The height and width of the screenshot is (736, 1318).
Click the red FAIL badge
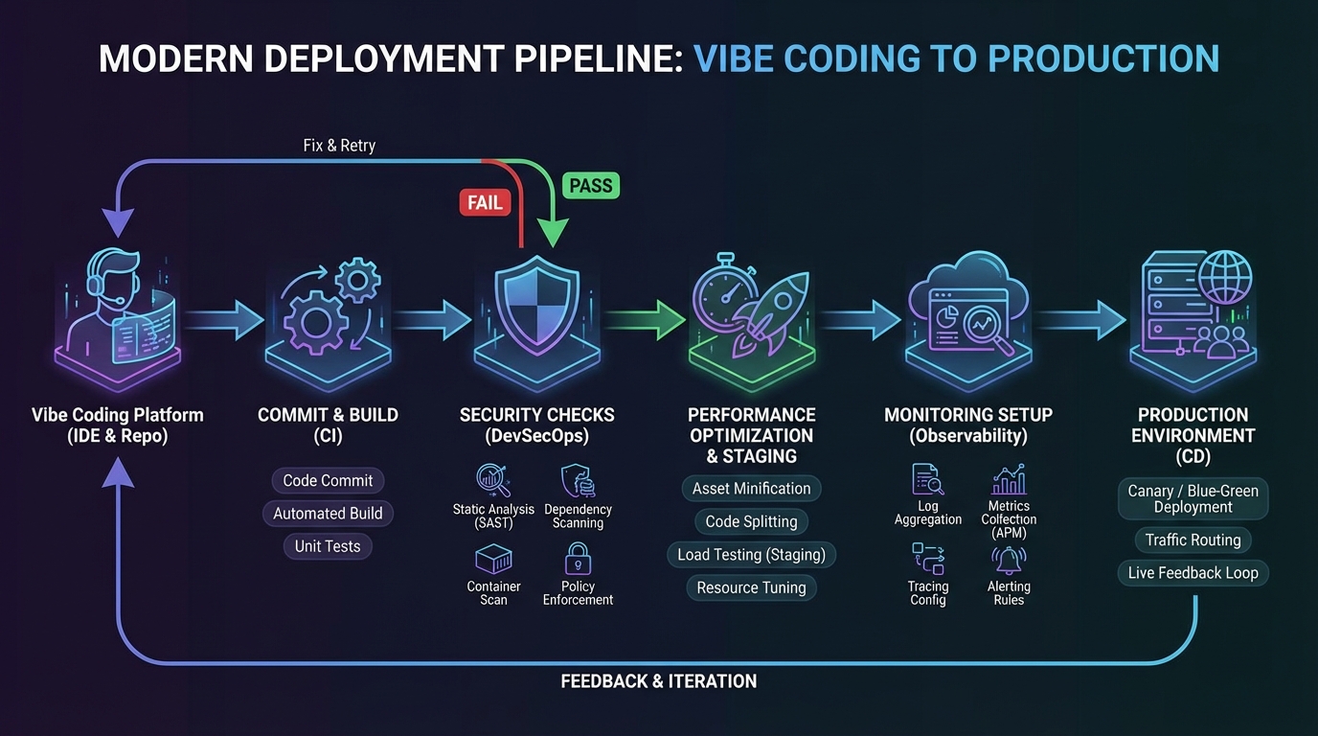tap(486, 202)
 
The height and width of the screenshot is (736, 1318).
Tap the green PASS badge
tap(590, 185)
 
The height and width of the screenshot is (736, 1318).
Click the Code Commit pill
tap(328, 480)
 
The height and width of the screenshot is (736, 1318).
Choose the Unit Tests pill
tap(328, 546)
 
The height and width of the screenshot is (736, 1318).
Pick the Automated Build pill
tap(328, 514)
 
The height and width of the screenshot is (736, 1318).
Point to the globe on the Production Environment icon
tap(1225, 277)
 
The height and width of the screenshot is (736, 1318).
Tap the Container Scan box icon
tap(493, 560)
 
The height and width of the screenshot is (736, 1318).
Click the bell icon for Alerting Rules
tap(1009, 560)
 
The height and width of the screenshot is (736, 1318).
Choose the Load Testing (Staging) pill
tap(751, 555)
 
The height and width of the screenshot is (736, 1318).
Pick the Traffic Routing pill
tap(1193, 540)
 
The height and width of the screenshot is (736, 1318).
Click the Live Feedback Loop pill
tap(1193, 573)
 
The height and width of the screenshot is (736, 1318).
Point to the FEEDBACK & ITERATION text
tap(658, 681)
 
